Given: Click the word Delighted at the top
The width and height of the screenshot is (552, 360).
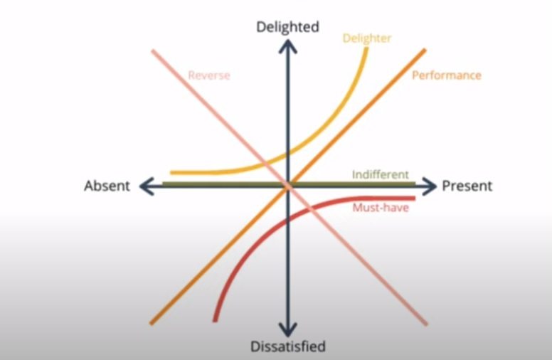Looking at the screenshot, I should [287, 26].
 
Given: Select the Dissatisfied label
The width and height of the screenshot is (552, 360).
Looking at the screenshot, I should [287, 347].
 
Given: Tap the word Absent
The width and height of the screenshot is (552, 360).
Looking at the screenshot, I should [107, 186].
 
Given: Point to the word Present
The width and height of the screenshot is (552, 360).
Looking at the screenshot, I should [467, 186].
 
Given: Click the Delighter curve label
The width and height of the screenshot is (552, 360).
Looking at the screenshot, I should [366, 38].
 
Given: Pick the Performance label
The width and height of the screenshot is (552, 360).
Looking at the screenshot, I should [446, 75].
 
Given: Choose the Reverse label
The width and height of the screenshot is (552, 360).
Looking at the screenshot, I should [209, 75].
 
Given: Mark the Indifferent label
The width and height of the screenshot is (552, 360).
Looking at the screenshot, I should [381, 174].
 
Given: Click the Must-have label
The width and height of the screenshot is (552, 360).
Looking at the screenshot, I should [381, 208].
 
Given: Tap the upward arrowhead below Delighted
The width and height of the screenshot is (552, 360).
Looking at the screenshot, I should [287, 46].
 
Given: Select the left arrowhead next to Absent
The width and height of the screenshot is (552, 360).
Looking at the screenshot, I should [146, 186].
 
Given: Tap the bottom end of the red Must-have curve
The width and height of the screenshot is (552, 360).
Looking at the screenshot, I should [215, 319].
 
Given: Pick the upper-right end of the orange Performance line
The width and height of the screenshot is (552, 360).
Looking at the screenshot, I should [424, 51].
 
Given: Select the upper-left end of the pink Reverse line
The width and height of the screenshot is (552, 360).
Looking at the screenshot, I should [152, 51].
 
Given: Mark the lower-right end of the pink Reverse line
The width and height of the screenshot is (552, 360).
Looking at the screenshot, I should [426, 324].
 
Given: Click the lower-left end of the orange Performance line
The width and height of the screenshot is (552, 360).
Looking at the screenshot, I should [152, 323].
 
